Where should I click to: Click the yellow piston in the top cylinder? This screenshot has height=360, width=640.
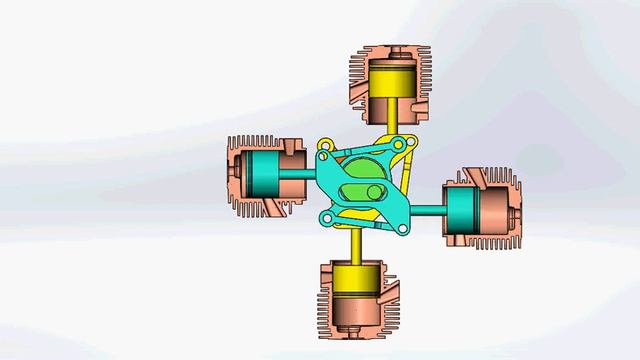pyautogui.click(x=392, y=76)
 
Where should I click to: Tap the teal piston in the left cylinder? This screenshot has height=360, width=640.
pyautogui.click(x=262, y=175)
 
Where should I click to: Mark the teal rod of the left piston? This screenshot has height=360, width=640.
pyautogui.click(x=300, y=176)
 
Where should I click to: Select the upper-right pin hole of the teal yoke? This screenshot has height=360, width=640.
pyautogui.click(x=399, y=146)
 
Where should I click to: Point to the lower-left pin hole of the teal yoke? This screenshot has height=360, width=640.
pyautogui.click(x=324, y=217)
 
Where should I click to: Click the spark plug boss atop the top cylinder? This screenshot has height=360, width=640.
pyautogui.click(x=392, y=47)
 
